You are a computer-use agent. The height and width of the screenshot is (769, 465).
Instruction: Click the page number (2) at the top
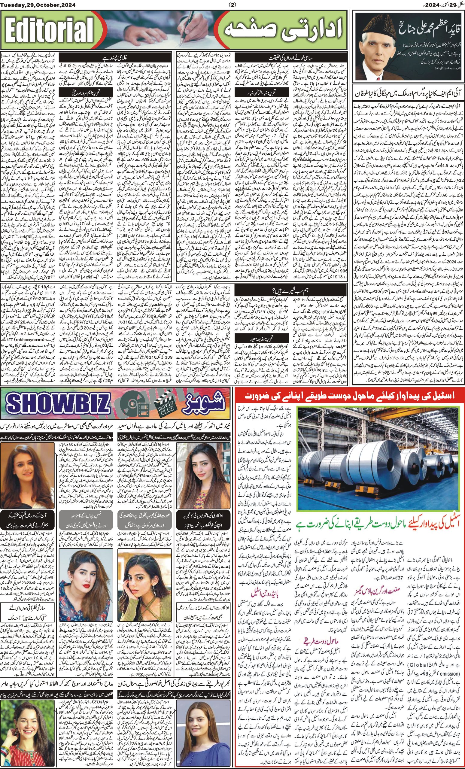(232, 5)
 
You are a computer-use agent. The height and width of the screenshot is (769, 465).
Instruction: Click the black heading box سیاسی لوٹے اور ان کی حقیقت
(295, 57)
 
